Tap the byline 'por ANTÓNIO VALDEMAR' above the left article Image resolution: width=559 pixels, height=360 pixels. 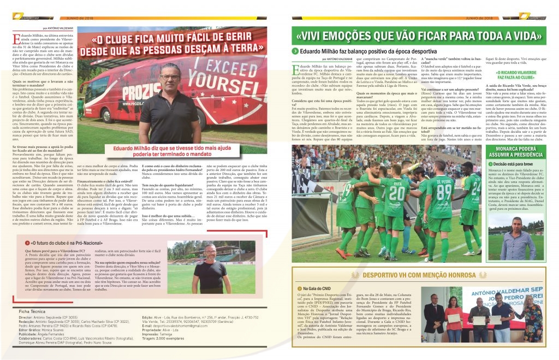click(x=57, y=27)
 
